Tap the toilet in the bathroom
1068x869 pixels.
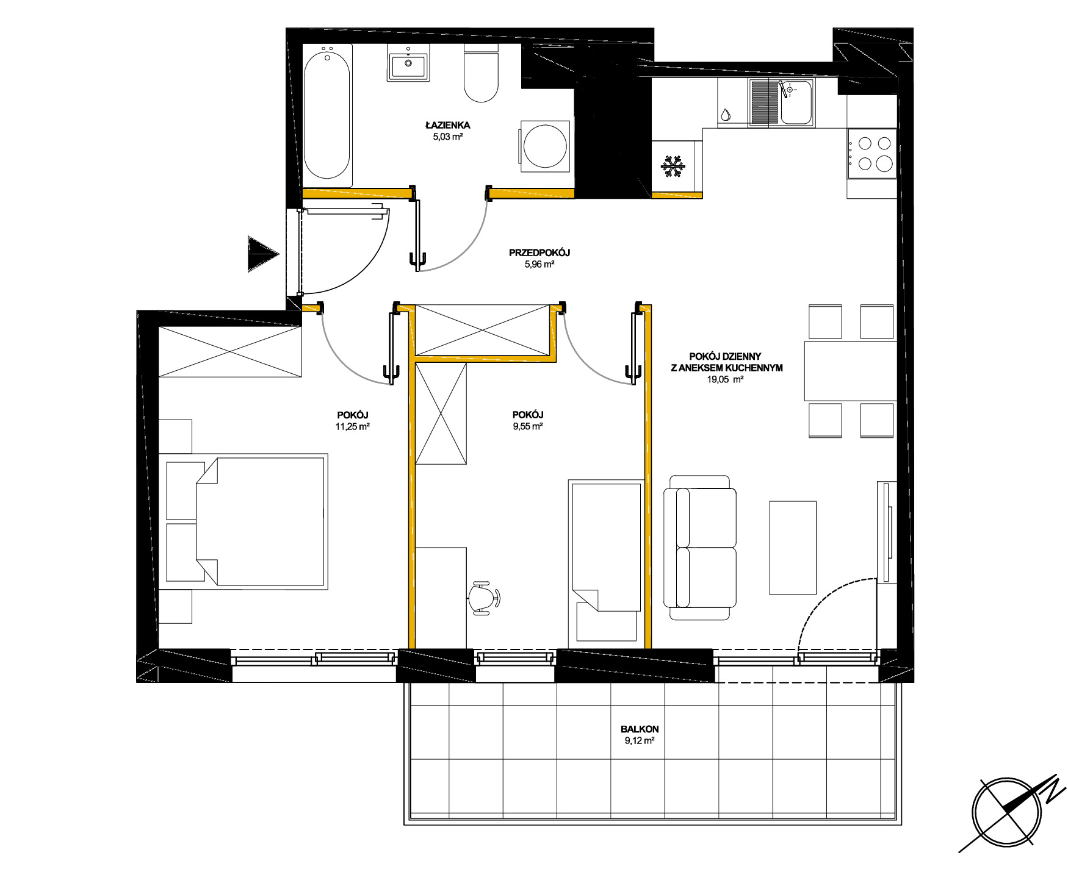(482, 73)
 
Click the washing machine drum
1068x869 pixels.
(545, 146)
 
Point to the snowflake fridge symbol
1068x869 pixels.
(673, 166)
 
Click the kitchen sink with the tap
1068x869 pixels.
(782, 102)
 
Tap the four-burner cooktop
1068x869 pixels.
(871, 153)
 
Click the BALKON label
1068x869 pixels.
(640, 729)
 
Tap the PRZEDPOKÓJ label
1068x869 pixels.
(539, 252)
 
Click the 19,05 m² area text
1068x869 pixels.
(724, 379)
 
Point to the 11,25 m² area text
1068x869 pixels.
(352, 426)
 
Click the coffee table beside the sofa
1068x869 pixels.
(793, 548)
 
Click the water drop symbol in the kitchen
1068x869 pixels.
(725, 115)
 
